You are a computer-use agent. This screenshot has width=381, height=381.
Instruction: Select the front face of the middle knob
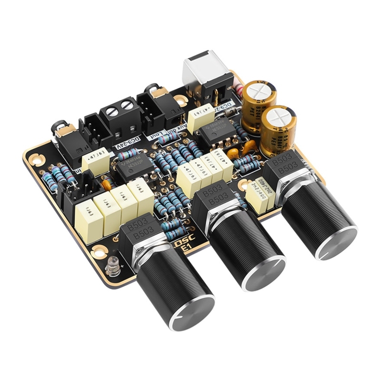coord(263,272)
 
